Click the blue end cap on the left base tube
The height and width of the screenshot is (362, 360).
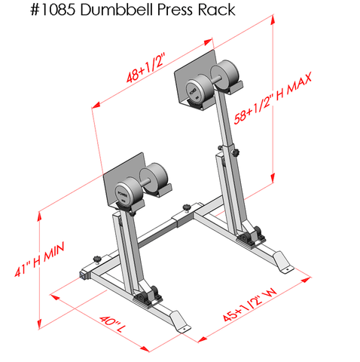pos(82,275)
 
